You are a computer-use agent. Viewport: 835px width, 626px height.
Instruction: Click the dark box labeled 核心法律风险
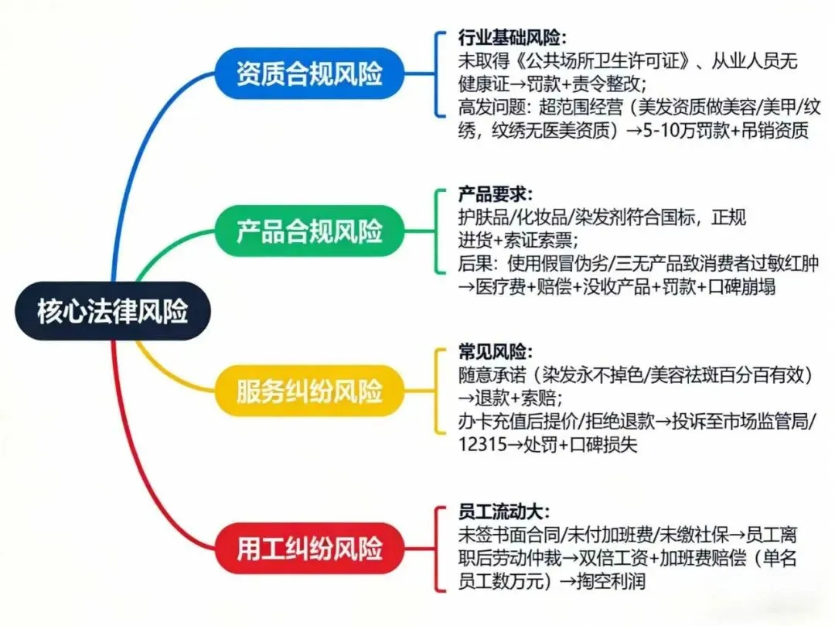113,311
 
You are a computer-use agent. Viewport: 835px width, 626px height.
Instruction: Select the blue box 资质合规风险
309,74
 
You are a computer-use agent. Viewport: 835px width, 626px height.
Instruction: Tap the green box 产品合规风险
309,231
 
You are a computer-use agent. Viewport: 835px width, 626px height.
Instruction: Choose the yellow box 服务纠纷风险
309,391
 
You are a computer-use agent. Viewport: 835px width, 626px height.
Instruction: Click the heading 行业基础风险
511,39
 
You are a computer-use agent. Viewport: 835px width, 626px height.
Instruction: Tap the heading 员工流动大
503,512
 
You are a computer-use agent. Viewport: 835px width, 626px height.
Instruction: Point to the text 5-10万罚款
672,131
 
